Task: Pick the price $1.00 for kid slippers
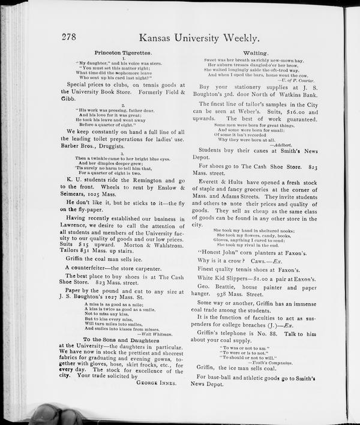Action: tap(251, 279)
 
